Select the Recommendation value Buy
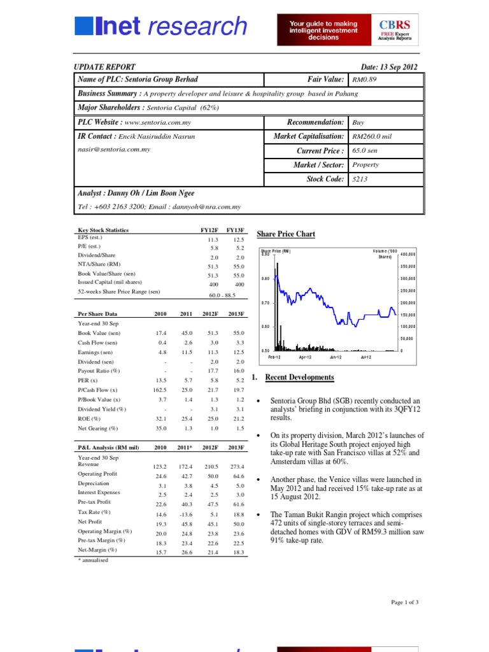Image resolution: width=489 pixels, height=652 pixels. point(358,122)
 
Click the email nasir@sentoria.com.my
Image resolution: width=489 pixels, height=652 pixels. point(114,149)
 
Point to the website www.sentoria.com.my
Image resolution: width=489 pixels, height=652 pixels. point(159,122)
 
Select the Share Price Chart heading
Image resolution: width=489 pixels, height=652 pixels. point(285,234)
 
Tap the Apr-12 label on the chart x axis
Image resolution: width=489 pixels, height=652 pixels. point(306,358)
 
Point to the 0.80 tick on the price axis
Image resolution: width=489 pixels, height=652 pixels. point(266,278)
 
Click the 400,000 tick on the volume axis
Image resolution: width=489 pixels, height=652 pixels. point(407,255)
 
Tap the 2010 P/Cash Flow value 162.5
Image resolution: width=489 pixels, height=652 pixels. point(160,390)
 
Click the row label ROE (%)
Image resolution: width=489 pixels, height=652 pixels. point(89,418)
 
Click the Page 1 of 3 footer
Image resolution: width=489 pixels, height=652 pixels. point(404,602)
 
